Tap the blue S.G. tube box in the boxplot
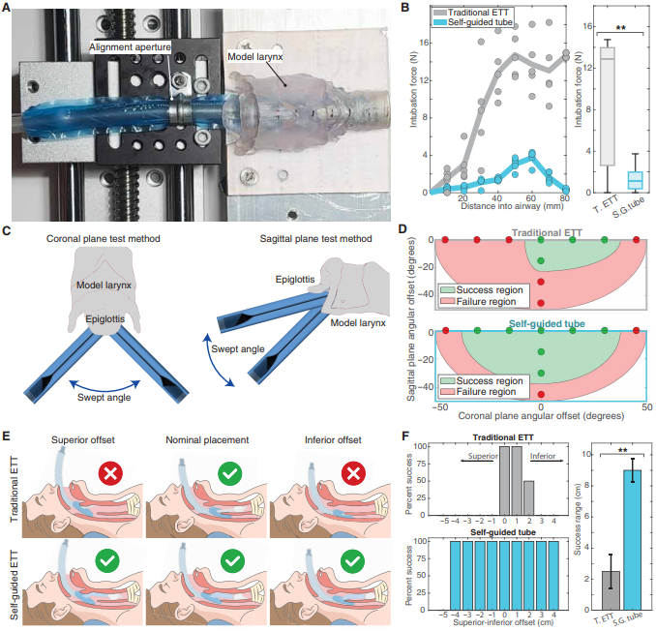[x=636, y=179]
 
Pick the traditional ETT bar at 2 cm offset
[x=528, y=496]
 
